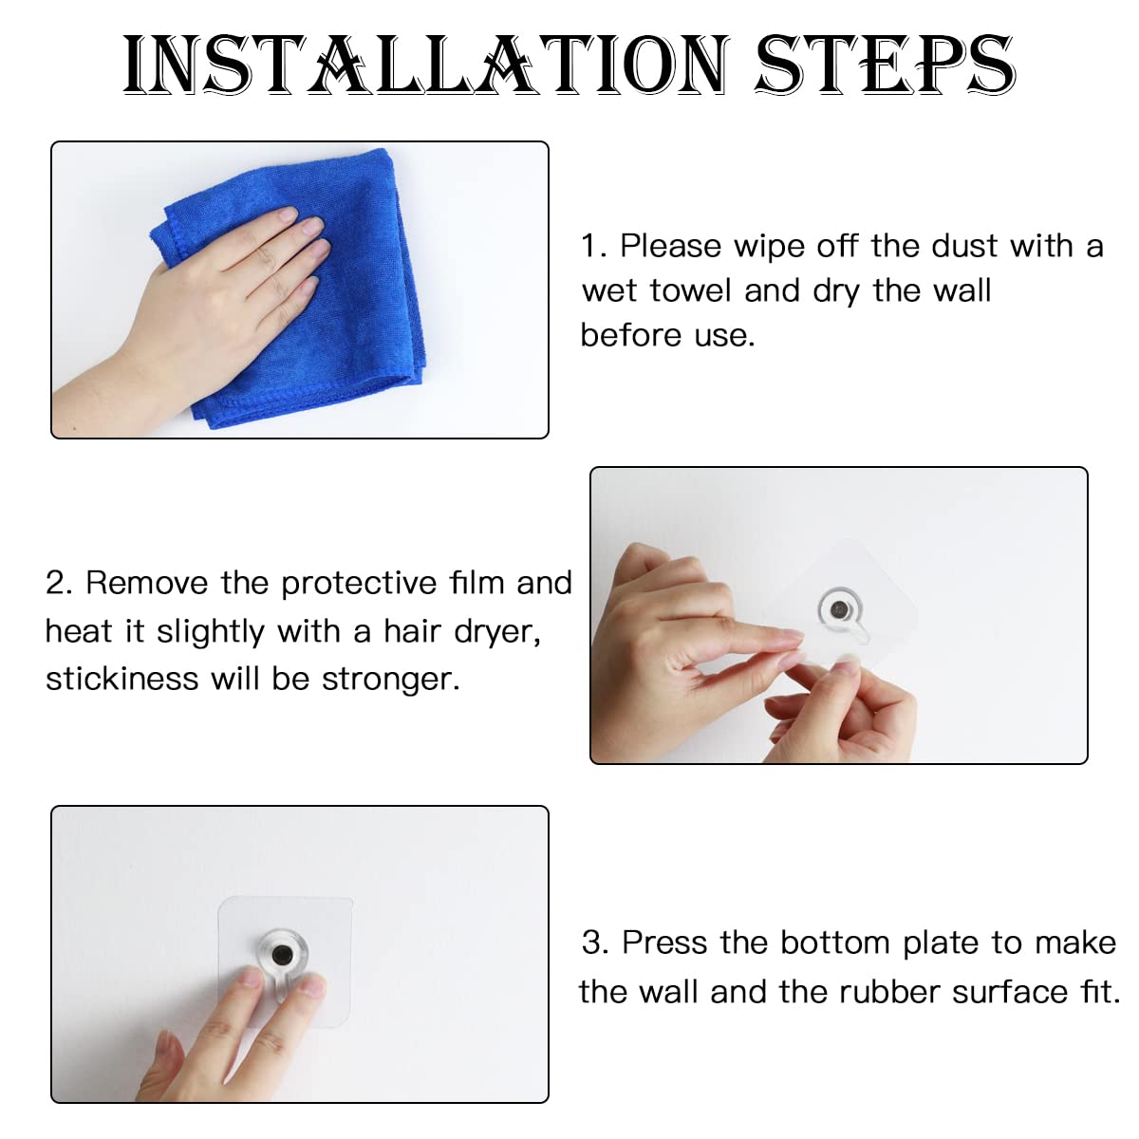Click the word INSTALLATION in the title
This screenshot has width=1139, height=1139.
425,65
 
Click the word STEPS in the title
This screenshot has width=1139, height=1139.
885,65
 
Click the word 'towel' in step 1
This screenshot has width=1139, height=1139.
690,290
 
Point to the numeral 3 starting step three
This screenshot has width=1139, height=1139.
593,943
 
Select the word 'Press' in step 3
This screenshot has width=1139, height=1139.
664,943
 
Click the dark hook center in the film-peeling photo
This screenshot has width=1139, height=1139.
838,608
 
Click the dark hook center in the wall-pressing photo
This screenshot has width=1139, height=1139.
281,953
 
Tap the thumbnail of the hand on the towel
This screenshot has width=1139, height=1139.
300,289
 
